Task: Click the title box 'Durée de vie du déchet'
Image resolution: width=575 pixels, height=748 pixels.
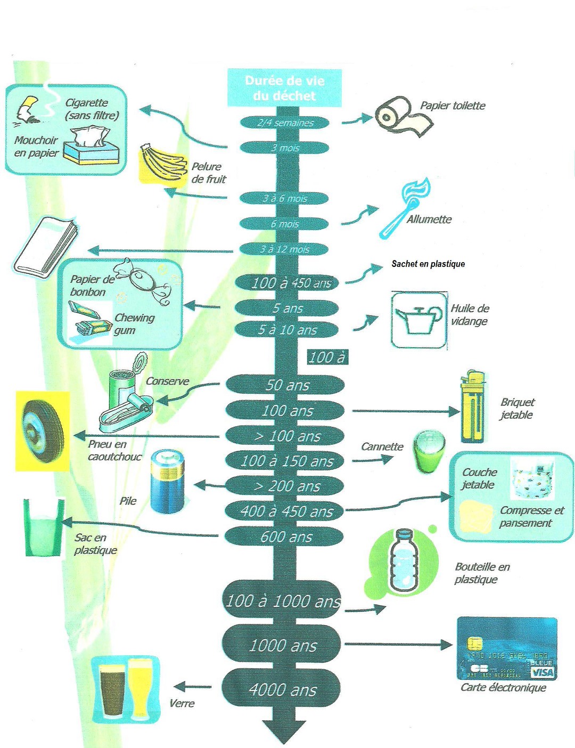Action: coord(284,88)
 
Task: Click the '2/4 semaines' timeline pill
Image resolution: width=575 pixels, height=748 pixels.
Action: coord(284,123)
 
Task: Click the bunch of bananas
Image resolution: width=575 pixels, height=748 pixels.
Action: coord(161,163)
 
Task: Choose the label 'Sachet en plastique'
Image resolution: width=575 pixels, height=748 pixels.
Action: coord(428,264)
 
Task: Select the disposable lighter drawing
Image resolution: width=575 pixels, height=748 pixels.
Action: coord(473,407)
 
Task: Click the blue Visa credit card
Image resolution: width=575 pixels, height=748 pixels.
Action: coord(506,648)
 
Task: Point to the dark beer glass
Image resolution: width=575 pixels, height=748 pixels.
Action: coord(112,690)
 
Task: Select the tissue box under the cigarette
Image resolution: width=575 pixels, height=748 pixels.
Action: coord(91,146)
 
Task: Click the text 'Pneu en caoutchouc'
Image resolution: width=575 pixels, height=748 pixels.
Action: coord(113,450)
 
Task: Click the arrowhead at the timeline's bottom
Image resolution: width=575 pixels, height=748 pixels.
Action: coord(284,731)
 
